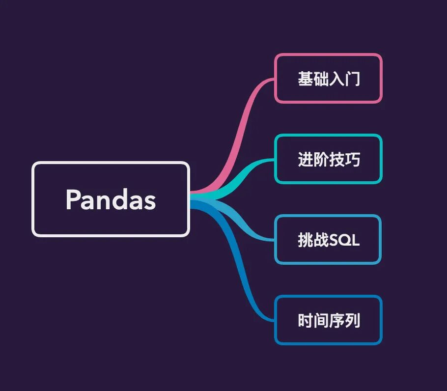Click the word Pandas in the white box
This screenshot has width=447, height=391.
(x=111, y=199)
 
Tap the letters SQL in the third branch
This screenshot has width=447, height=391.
(x=344, y=240)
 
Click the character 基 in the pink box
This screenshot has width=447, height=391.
(x=306, y=79)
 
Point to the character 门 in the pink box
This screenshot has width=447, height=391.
(x=352, y=79)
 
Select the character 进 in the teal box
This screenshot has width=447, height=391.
(x=306, y=159)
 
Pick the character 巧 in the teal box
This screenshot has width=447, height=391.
(x=352, y=159)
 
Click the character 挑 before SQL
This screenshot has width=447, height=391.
(x=306, y=240)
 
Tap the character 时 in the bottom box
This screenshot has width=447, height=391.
(x=306, y=321)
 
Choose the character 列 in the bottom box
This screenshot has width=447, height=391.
(x=352, y=321)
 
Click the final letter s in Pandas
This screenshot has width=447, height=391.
(x=150, y=203)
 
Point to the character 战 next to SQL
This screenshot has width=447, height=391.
(x=321, y=240)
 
